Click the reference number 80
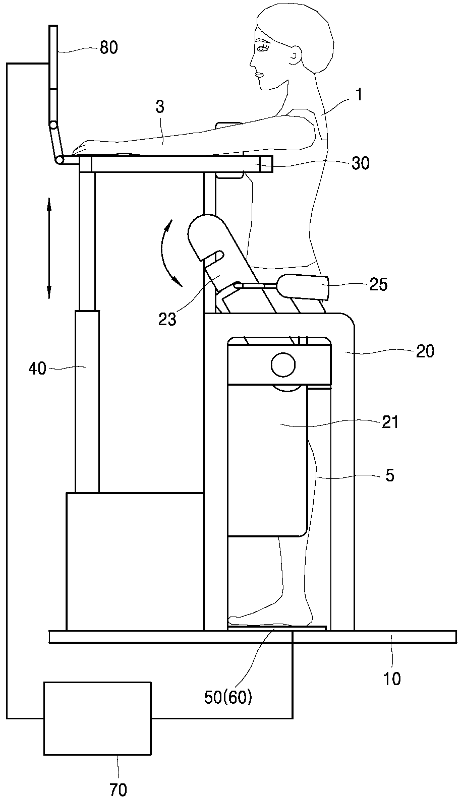109,47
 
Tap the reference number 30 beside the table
360,163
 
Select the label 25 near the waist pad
378,284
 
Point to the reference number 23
167,319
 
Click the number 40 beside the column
37,369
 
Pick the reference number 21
390,422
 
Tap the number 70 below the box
119,789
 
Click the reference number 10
392,679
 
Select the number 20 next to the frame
425,351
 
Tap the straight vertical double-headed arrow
49,248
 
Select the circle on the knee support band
283,364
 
